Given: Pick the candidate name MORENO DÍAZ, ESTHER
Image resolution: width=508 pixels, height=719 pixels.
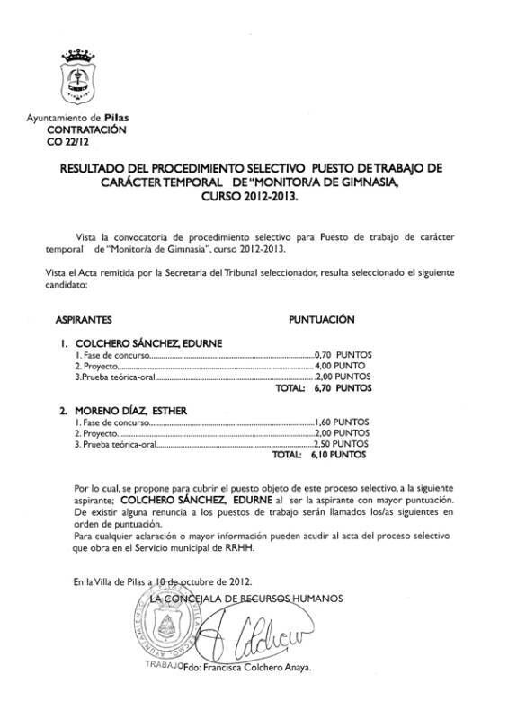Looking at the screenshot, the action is (129, 411).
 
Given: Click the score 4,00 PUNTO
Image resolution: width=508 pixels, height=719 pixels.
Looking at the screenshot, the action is (341, 367).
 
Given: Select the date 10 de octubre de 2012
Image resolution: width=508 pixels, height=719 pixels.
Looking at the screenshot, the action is (211, 581).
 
